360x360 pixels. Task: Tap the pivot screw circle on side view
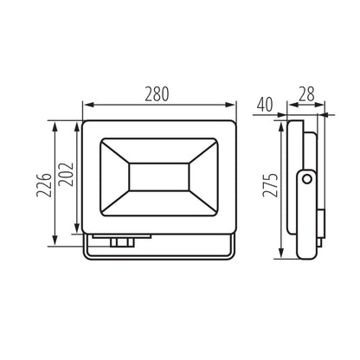pyautogui.click(x=306, y=179)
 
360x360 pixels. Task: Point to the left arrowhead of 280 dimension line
pyautogui.click(x=86, y=108)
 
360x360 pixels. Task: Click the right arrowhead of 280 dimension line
pyautogui.click(x=233, y=108)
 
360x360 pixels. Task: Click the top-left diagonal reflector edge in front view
pyautogui.click(x=116, y=147)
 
